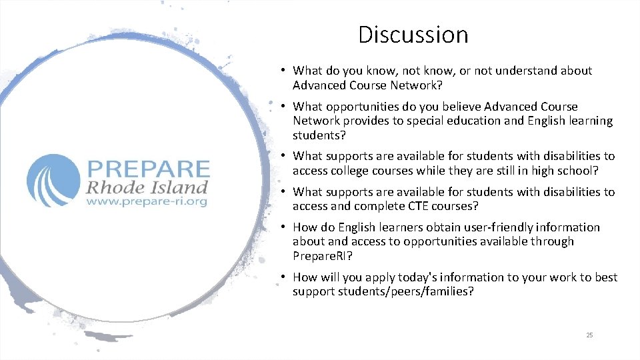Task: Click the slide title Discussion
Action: tap(413, 35)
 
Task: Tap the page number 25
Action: tap(589, 335)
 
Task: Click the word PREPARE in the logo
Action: tap(147, 169)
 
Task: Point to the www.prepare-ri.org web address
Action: tap(147, 200)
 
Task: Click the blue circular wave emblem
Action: tap(53, 180)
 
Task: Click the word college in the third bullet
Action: tap(355, 170)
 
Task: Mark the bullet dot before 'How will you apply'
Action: tap(283, 277)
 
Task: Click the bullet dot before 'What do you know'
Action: tap(283, 71)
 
